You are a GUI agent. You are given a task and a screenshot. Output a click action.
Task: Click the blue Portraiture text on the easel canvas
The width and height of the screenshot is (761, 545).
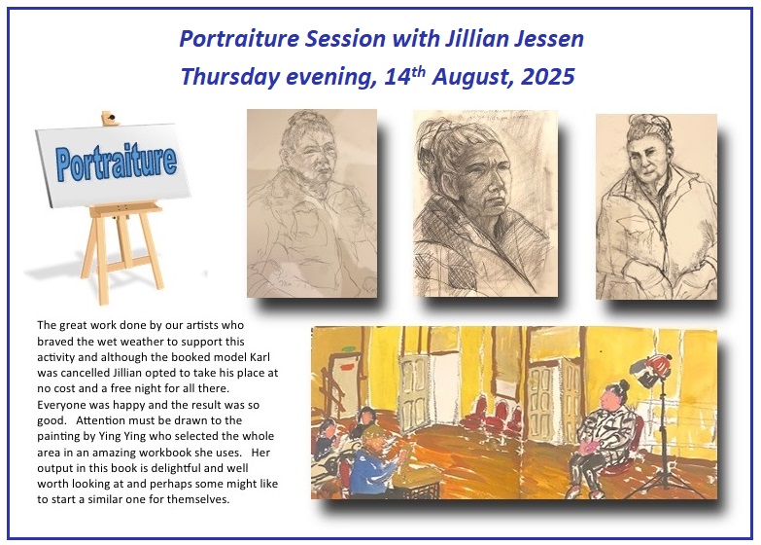click(116, 162)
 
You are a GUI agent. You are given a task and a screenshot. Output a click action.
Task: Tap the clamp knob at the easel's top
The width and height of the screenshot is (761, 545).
click(110, 118)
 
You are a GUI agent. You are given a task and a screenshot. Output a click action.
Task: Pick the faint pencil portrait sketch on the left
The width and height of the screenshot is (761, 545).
click(312, 203)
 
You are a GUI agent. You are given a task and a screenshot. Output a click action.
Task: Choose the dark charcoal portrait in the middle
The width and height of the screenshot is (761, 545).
click(485, 203)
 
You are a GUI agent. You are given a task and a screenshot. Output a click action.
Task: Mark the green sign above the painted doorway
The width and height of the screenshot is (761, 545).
click(349, 348)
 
